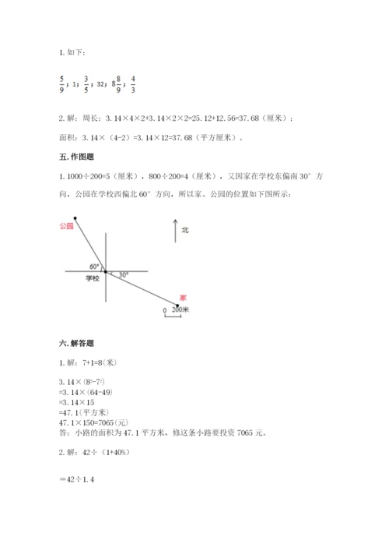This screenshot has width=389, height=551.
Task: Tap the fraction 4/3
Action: (x=133, y=82)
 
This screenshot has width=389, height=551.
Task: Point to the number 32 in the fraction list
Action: (x=100, y=83)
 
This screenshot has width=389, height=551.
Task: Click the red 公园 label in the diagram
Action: (x=65, y=225)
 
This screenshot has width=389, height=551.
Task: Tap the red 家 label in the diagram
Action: (x=182, y=298)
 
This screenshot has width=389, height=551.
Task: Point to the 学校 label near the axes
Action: (x=93, y=278)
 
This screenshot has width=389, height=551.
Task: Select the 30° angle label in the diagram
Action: (x=124, y=274)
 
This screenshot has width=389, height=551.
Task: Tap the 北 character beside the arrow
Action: (x=185, y=231)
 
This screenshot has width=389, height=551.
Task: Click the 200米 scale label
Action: (x=180, y=309)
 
